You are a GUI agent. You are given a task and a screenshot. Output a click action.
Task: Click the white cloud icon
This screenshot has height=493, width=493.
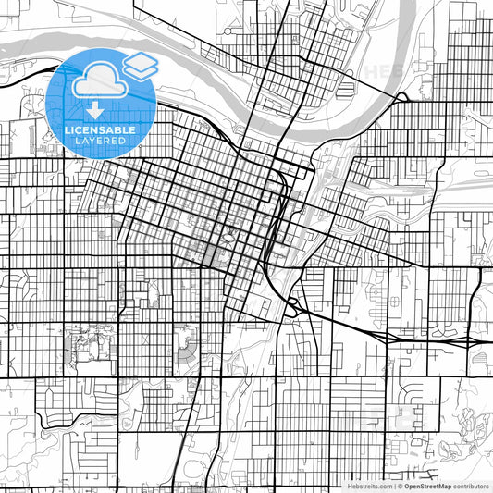96,83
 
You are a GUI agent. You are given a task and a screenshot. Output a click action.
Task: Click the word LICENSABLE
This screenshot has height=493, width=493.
101,130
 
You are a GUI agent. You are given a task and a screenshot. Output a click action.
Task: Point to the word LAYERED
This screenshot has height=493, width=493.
101,142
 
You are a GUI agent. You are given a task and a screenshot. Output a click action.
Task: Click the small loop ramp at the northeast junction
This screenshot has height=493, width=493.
402,96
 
